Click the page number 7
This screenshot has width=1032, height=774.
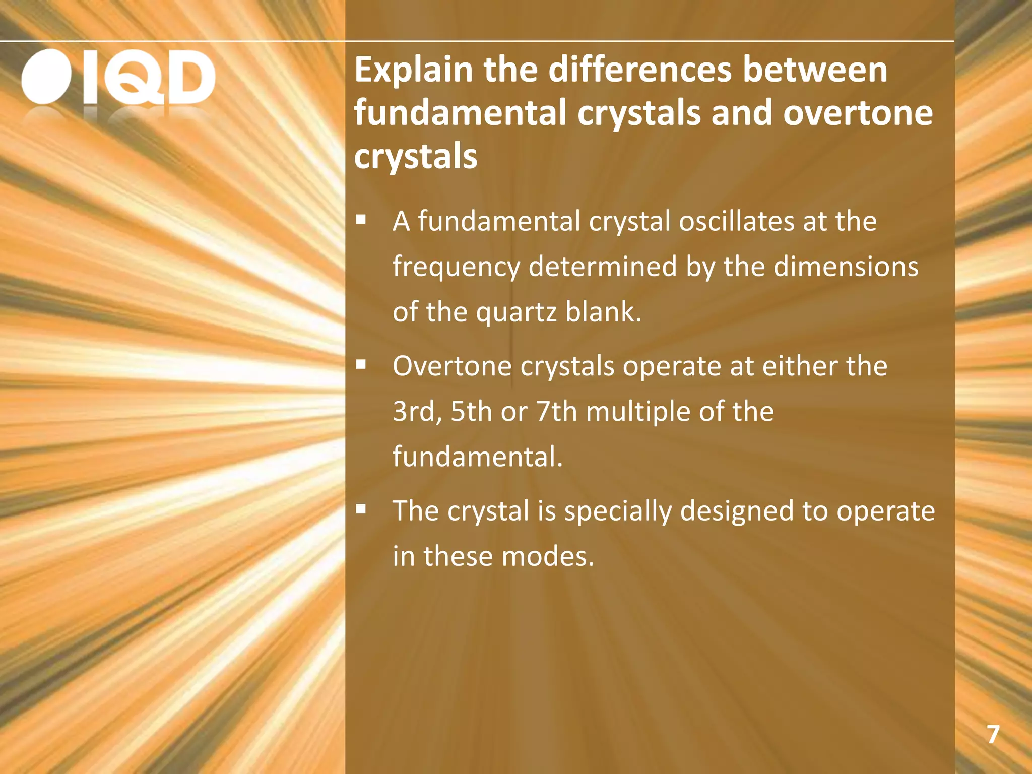[x=993, y=735]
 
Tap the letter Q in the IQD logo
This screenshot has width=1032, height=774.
[x=135, y=78]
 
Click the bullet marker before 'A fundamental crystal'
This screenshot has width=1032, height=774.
[x=360, y=220]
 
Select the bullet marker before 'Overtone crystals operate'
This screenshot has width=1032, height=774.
[x=360, y=364]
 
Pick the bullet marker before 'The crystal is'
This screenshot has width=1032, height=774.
[x=360, y=509]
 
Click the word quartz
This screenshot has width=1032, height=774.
[x=516, y=313]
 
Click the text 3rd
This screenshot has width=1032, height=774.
[x=416, y=412]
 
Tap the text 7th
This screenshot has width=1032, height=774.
[x=556, y=412]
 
